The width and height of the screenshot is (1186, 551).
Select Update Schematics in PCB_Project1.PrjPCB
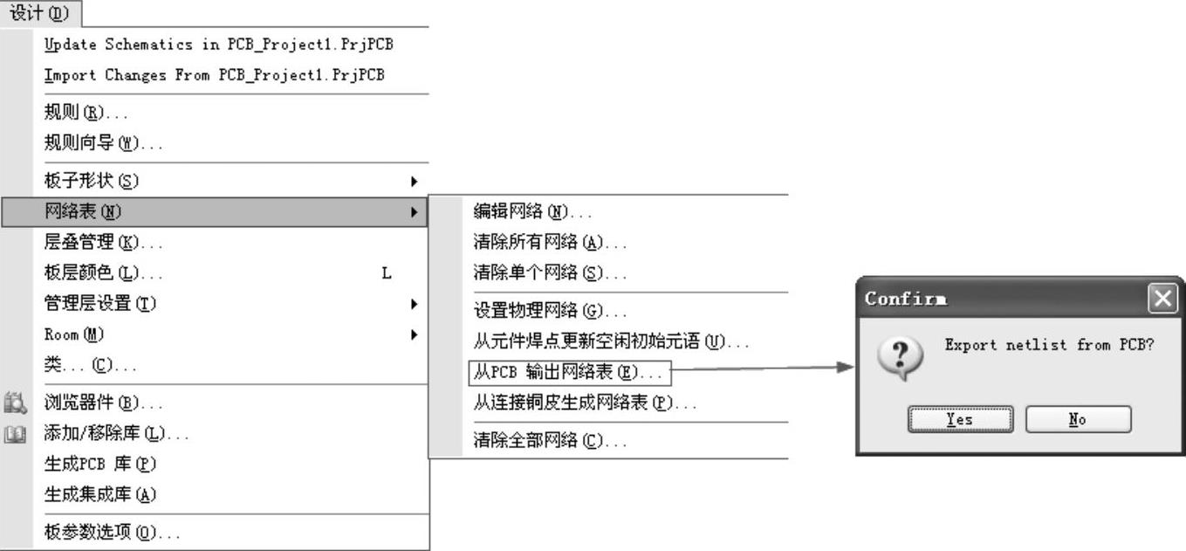[x=224, y=44]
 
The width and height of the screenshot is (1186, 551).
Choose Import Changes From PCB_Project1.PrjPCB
[x=214, y=75]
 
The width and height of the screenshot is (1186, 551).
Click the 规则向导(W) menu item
[x=103, y=143]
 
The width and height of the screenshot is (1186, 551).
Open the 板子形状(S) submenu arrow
[x=414, y=182]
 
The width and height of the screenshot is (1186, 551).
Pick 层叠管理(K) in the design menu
[x=103, y=242]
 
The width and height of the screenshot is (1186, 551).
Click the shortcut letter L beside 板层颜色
[x=387, y=273]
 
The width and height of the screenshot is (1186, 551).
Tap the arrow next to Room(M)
[x=414, y=334]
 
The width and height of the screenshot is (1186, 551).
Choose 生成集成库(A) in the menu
[x=99, y=494]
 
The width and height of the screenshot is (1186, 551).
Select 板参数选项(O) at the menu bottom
[x=113, y=532]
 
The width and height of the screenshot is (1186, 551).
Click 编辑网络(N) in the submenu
[x=532, y=211]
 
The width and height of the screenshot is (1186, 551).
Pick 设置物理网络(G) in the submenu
[x=550, y=311]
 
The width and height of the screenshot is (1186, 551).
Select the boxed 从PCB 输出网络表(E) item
[x=568, y=373]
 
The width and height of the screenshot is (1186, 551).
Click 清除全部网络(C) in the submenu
[x=550, y=441]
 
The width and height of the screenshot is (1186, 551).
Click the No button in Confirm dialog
[x=1078, y=419]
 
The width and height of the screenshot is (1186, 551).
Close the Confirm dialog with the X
[x=1162, y=300]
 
